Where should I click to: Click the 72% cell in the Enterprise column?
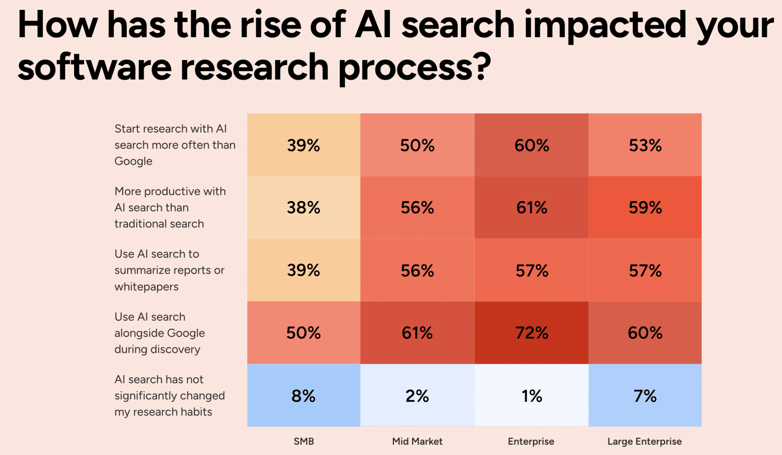[x=531, y=333]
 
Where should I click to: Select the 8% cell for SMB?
[x=304, y=396]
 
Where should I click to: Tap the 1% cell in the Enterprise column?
[x=531, y=396]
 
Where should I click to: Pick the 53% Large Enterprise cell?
[x=645, y=145]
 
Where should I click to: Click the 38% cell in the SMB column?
[x=304, y=207]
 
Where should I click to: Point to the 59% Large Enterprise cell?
[x=645, y=207]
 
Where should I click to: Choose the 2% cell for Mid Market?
[x=417, y=396]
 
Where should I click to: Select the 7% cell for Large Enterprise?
[x=645, y=396]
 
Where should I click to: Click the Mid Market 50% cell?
[x=417, y=145]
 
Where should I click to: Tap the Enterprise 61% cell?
[x=531, y=207]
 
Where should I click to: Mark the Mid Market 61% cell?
[x=417, y=333]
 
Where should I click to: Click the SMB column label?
[x=304, y=441]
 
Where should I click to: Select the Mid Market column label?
[x=417, y=441]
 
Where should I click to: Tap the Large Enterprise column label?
[x=644, y=441]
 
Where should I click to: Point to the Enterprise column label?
[x=531, y=441]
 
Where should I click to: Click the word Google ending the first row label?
[x=133, y=161]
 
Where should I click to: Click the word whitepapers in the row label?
[x=146, y=287]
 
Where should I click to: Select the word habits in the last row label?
[x=196, y=412]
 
